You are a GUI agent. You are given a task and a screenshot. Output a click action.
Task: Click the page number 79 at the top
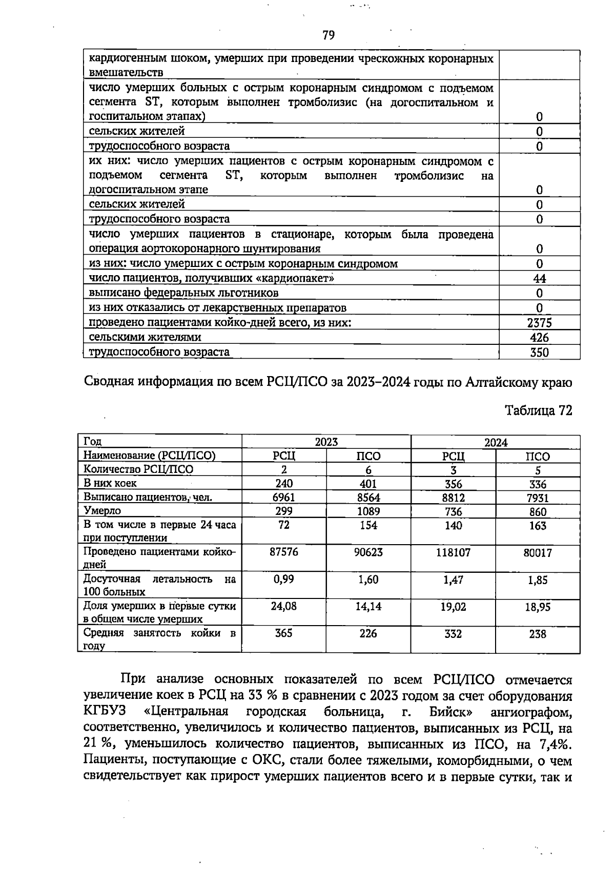tap(329, 35)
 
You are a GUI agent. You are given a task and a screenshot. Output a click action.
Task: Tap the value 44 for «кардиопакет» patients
tap(539, 278)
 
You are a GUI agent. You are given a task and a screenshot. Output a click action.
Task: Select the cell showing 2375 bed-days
tap(539, 323)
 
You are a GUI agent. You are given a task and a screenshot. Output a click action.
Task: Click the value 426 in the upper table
tap(539, 338)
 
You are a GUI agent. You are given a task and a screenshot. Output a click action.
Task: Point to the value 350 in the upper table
tap(539, 353)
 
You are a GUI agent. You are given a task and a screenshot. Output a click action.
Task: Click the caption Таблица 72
tap(538, 410)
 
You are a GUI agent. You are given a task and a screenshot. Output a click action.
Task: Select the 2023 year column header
tap(326, 442)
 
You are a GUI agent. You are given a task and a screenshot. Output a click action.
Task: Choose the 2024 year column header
tap(496, 442)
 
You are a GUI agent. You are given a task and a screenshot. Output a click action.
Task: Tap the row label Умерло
tap(102, 511)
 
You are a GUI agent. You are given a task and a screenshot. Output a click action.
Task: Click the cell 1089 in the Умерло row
tap(368, 511)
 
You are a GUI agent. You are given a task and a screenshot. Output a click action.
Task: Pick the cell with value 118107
tap(453, 552)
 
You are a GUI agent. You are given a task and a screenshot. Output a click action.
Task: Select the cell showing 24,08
tap(283, 606)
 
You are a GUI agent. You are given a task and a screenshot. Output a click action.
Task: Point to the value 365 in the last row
tap(283, 633)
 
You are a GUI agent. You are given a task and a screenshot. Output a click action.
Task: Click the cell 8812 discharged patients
tap(453, 498)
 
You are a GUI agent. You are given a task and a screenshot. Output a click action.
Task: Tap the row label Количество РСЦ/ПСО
tap(138, 469)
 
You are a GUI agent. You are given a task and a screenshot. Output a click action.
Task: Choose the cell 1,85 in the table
tap(538, 580)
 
